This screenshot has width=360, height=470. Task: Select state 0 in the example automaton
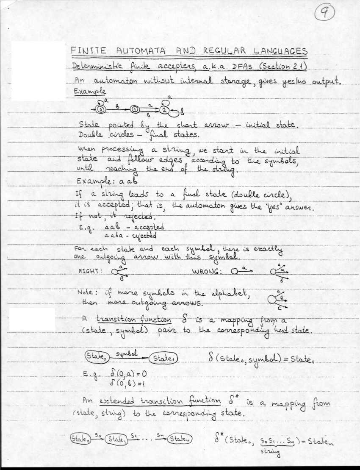coord(100,109)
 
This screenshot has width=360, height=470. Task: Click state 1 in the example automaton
coord(135,110)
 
